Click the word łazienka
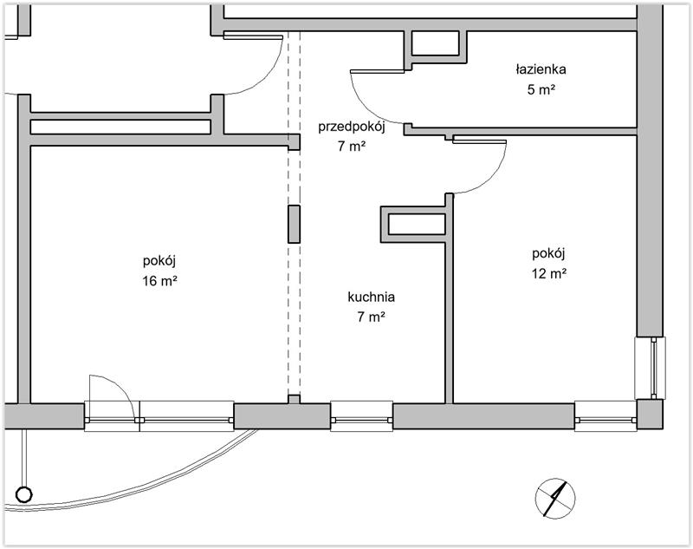coord(541,69)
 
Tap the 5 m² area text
coord(541,89)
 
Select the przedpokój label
coord(352,127)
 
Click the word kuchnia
coord(372,297)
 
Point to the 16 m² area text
coord(159,280)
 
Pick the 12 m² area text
coord(549,273)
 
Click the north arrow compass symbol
coord(555,498)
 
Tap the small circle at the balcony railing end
coord(24,494)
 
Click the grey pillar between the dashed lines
coord(294,225)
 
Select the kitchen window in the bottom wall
coord(361,415)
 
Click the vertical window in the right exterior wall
coord(650,368)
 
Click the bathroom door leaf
coord(377,71)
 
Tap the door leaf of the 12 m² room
coord(479,141)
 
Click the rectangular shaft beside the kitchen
coord(417,225)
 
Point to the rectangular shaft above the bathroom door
coord(436,43)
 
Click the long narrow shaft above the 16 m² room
coord(120,127)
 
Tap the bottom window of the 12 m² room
coord(606,415)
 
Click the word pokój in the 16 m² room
coord(159,261)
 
